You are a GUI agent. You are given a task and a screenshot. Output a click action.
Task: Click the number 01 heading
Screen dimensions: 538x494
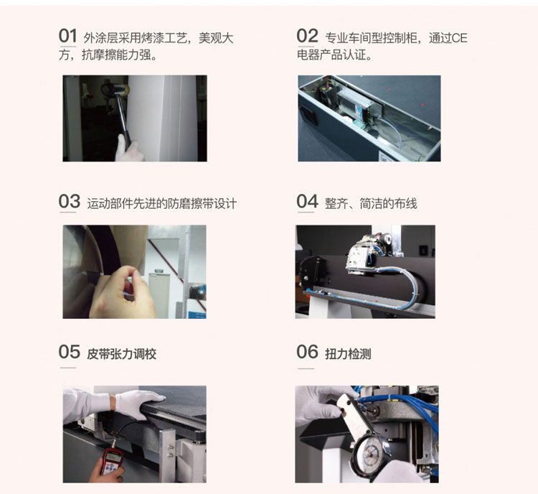pyautogui.click(x=67, y=35)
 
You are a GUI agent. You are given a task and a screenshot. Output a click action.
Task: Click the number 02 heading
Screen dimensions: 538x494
pyautogui.click(x=307, y=35)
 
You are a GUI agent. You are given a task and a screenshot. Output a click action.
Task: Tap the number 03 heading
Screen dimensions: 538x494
pyautogui.click(x=69, y=201)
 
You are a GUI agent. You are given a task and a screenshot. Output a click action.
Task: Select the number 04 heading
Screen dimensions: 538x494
pyautogui.click(x=307, y=201)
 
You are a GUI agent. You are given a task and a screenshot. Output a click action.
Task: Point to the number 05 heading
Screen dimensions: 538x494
pyautogui.click(x=69, y=351)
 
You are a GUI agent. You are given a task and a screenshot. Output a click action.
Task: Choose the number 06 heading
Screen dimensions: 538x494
pyautogui.click(x=307, y=351)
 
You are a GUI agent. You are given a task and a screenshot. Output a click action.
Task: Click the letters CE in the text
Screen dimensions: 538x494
pyautogui.click(x=459, y=38)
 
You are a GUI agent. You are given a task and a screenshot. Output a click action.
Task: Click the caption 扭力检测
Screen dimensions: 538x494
pyautogui.click(x=348, y=354)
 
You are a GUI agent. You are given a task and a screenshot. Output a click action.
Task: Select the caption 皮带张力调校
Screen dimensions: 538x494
pyautogui.click(x=122, y=354)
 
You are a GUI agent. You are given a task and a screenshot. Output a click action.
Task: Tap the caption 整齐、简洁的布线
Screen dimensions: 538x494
pyautogui.click(x=371, y=204)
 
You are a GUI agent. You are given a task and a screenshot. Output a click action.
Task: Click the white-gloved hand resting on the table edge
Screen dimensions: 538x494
pyautogui.click(x=139, y=403)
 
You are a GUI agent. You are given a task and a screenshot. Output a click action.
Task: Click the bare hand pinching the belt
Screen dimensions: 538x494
pyautogui.click(x=123, y=292)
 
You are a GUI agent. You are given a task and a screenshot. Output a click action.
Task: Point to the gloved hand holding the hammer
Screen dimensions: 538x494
pyautogui.click(x=128, y=149)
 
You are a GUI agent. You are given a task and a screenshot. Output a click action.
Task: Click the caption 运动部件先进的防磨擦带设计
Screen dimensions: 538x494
pyautogui.click(x=161, y=204)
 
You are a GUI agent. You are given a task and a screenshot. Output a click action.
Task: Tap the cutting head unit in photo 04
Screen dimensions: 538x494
pyautogui.click(x=369, y=253)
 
